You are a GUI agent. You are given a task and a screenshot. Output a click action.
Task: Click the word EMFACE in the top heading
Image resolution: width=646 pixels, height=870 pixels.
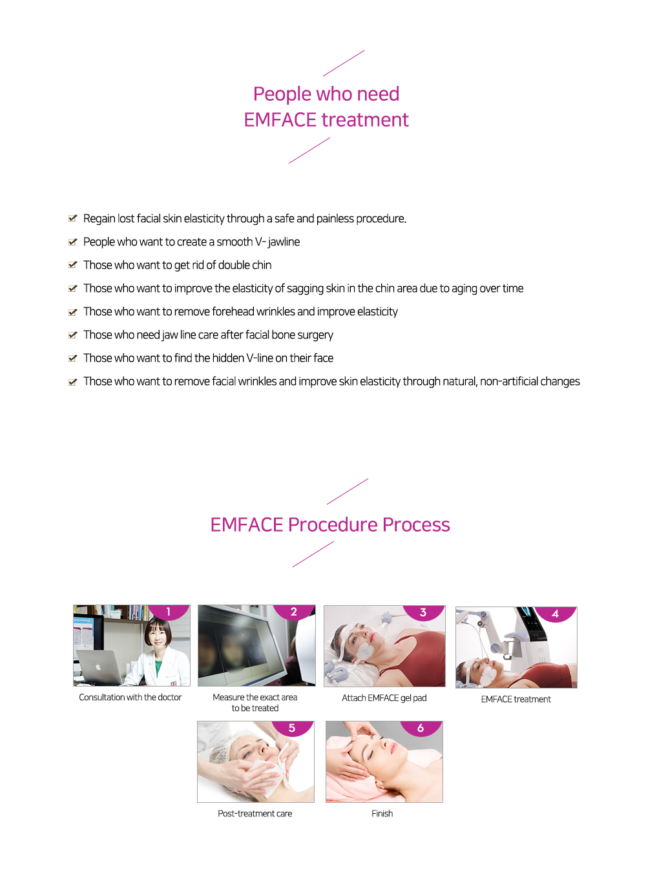(x=280, y=119)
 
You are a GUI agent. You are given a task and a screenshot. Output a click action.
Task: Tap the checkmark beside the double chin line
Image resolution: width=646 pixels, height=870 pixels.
(x=72, y=265)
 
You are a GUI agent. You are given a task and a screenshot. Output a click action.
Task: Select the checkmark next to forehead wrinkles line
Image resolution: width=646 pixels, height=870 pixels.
(x=72, y=311)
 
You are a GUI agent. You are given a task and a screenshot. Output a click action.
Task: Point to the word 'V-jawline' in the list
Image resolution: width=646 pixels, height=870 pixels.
(x=278, y=242)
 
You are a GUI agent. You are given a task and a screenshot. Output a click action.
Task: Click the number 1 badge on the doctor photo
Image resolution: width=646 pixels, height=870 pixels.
(x=169, y=612)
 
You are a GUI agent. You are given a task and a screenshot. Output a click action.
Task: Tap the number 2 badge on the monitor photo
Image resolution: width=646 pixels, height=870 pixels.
(x=293, y=612)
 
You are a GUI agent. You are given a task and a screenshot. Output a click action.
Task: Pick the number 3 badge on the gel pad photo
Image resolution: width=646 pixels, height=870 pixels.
(x=423, y=612)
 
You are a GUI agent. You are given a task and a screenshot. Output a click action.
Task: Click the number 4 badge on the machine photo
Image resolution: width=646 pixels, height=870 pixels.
(x=556, y=614)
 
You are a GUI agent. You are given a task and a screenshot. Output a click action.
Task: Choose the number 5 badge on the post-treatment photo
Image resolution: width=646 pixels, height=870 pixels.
(x=292, y=728)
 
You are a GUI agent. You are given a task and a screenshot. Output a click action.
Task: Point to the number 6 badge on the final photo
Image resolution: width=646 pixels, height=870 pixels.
(x=421, y=728)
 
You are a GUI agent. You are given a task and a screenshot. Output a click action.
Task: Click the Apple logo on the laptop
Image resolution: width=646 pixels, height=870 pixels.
(x=98, y=667)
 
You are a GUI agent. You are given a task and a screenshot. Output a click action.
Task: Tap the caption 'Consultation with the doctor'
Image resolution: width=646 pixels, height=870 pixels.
(x=130, y=697)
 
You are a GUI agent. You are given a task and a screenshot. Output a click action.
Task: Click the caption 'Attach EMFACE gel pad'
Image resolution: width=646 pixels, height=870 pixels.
(x=384, y=698)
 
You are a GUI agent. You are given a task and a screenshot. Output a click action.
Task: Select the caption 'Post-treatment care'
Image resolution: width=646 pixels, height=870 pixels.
(x=255, y=814)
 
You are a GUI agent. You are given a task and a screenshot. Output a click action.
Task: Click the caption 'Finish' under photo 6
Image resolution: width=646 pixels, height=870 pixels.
(x=382, y=814)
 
